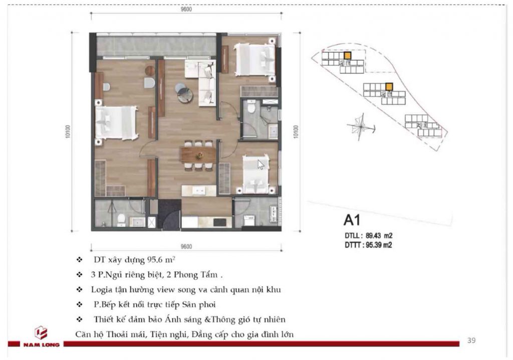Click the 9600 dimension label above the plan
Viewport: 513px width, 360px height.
point(186,9)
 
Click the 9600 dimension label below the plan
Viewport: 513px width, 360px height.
point(186,246)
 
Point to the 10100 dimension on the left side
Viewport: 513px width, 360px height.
point(68,132)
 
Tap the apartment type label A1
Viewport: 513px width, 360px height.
point(352,220)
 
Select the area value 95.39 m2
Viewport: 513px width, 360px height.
point(379,245)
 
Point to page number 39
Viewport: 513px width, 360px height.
point(471,340)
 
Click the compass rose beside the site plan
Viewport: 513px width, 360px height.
point(360,126)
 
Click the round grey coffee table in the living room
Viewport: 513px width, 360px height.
point(184,94)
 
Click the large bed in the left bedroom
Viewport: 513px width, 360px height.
point(116,123)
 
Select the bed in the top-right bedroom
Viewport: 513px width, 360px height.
point(254,59)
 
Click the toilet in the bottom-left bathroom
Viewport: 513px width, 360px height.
point(121,220)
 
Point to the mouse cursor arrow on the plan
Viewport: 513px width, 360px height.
point(261,164)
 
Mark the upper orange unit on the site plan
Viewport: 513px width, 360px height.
point(347,56)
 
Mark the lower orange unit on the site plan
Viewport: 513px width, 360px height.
point(389,87)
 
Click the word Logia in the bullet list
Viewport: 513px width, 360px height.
point(100,290)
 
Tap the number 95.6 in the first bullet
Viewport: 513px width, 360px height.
point(155,260)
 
